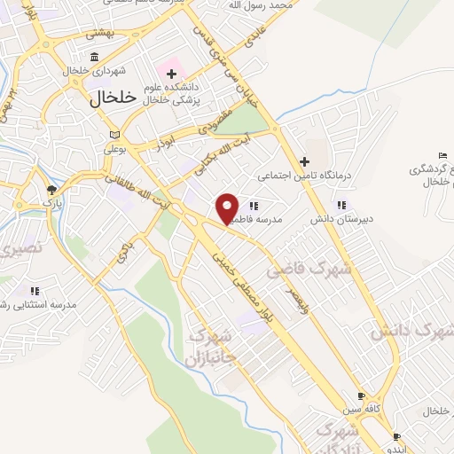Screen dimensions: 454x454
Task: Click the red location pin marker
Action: tap(228, 207)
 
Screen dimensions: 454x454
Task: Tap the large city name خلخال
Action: tap(113, 99)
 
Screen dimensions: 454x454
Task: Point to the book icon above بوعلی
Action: tap(113, 134)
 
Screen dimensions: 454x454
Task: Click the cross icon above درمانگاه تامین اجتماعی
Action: tap(305, 161)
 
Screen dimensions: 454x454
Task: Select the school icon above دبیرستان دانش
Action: tap(343, 205)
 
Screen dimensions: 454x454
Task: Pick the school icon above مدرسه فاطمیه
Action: tap(254, 206)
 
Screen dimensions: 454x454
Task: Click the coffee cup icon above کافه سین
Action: tap(362, 396)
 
